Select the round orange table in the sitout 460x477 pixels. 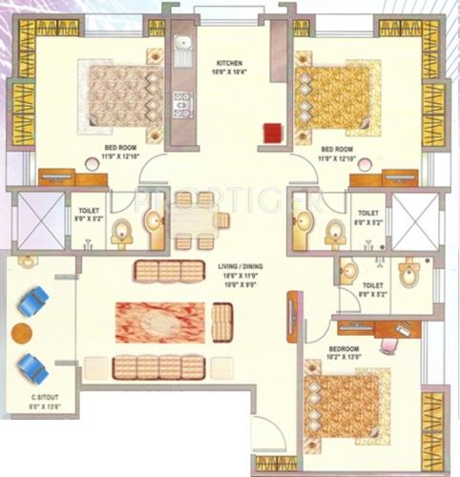click(x=21, y=334)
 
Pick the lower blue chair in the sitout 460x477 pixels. click(x=33, y=366)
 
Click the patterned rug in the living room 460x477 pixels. click(x=160, y=322)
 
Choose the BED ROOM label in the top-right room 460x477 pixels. click(x=340, y=150)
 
